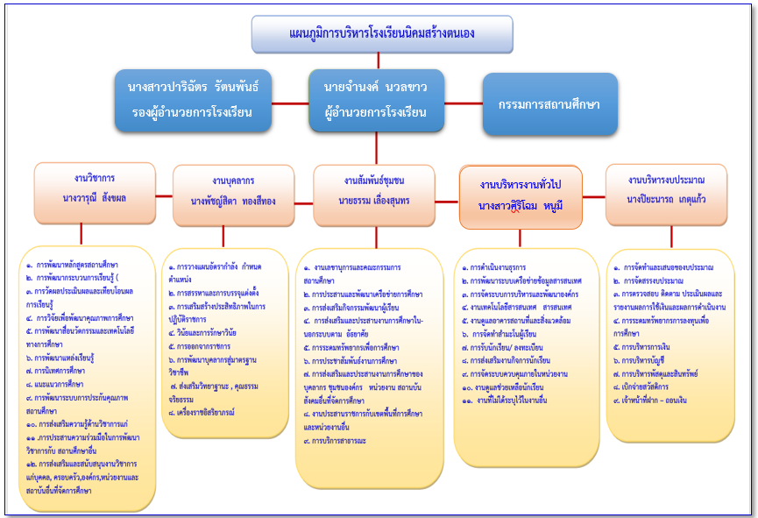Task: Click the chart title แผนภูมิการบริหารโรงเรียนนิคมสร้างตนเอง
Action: coord(377,33)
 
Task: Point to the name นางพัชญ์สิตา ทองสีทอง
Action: coord(233,201)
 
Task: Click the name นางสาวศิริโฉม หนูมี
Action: coord(521,204)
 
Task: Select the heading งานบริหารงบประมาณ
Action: coord(667,179)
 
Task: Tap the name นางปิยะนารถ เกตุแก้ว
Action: coord(667,199)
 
